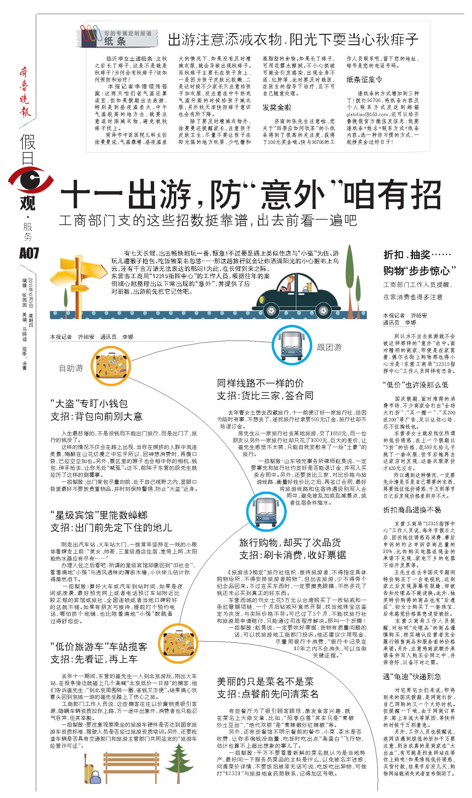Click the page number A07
29,253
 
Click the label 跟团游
329,347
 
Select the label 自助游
71,368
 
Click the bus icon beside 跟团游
291,344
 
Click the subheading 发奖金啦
277,107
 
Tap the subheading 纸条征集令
364,80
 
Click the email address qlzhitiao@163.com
367,114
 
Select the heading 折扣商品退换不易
412,510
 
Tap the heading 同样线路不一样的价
260,383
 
